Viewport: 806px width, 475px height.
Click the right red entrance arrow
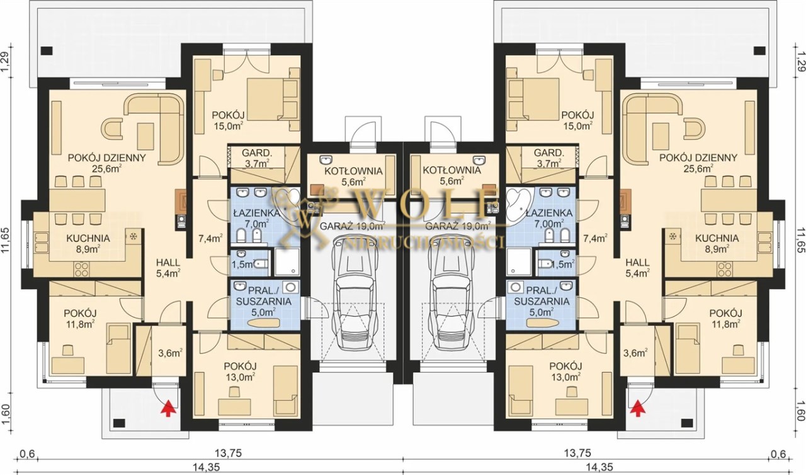point(638,409)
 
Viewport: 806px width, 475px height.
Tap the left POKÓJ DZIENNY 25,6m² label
point(107,163)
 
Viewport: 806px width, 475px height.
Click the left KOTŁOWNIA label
point(353,171)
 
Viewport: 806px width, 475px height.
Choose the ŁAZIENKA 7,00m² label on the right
point(548,218)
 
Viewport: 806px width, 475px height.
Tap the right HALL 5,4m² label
point(637,267)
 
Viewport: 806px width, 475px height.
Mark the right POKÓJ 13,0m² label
point(565,371)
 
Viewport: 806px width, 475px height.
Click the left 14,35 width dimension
point(206,467)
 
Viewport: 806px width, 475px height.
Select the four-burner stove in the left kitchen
point(82,269)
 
